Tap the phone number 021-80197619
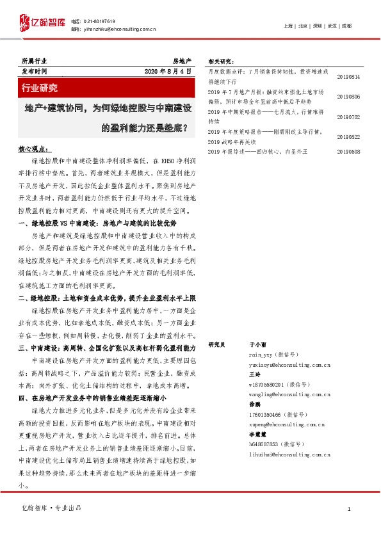tap(99, 21)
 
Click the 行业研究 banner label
tap(40, 87)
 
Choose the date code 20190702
tap(348, 117)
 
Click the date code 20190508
tap(348, 152)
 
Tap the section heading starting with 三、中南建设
tap(107, 347)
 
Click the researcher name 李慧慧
tap(257, 434)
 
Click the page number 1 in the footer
tap(348, 508)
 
